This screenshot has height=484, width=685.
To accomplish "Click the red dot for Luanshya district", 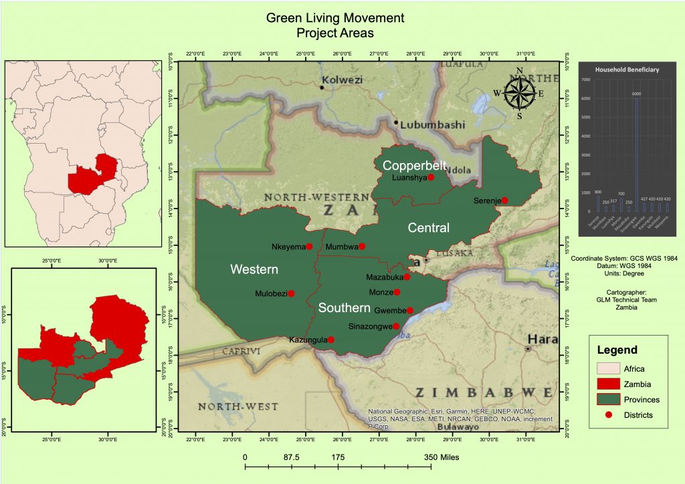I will (431, 177).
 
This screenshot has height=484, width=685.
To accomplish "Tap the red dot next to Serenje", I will (505, 201).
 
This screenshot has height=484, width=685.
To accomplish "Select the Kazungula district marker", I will (331, 340).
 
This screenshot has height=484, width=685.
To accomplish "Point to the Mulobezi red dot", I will (291, 293).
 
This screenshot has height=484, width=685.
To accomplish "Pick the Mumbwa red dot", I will (362, 246).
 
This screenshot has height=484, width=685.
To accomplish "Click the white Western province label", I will (254, 269).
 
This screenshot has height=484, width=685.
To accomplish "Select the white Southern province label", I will (344, 308).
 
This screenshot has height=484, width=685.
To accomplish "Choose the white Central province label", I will (429, 228).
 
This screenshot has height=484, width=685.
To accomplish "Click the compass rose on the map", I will (519, 94).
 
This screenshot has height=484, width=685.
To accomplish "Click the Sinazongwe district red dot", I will (396, 326).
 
